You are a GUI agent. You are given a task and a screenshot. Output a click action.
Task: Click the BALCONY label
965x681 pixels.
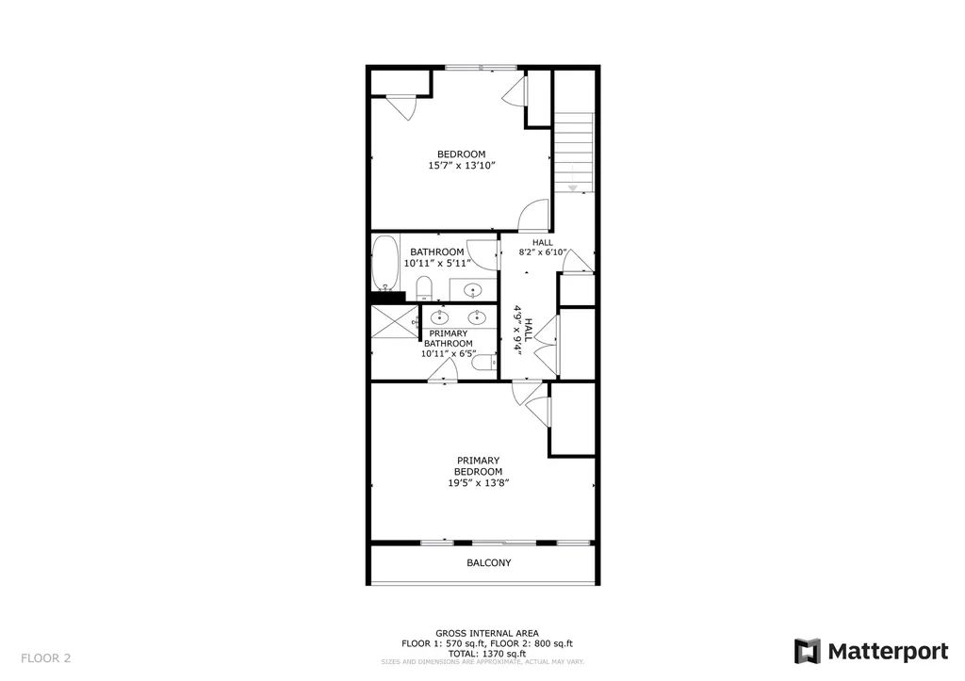tap(489, 563)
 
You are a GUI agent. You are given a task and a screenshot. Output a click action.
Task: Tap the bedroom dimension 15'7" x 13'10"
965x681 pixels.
tap(461, 166)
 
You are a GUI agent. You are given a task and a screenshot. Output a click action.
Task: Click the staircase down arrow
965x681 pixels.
tap(572, 187)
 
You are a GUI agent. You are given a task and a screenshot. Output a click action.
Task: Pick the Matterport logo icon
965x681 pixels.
tap(808, 651)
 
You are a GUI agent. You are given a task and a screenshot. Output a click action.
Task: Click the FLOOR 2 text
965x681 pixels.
tap(45, 657)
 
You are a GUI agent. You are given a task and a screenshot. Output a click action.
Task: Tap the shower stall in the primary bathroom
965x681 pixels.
tap(393, 322)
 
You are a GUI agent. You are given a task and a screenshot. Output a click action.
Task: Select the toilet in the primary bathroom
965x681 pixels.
tap(482, 363)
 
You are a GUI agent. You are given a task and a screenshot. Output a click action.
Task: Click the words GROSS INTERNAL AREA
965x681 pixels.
tap(487, 633)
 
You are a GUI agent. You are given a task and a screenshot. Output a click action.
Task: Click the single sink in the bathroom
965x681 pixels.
tap(474, 290)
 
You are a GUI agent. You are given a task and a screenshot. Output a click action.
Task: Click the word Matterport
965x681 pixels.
tap(889, 651)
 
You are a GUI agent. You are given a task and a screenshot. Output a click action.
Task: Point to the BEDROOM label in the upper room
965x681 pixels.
tap(461, 154)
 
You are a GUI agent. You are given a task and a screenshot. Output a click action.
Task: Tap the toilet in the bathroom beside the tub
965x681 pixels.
tap(424, 286)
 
